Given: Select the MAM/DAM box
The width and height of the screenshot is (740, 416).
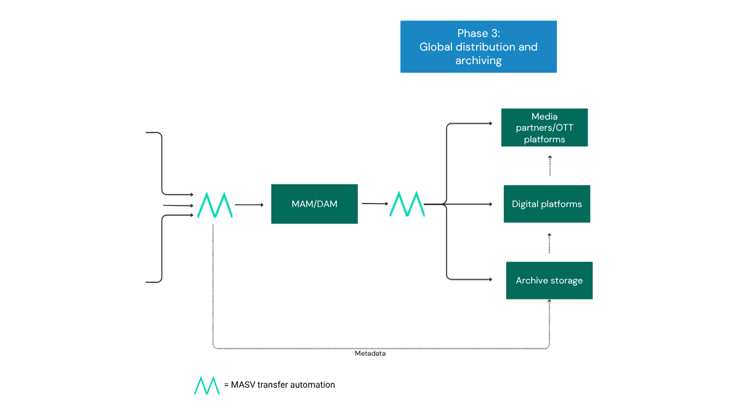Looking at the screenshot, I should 314,204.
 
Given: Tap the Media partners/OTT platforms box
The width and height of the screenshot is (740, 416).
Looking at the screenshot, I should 544,128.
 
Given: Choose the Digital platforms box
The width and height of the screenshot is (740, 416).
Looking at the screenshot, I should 546,204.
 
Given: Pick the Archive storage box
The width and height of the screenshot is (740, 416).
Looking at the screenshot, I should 549,280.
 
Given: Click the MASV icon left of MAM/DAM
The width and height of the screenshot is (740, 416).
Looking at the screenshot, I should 215,205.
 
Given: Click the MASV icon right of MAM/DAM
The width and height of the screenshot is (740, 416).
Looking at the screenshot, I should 407,204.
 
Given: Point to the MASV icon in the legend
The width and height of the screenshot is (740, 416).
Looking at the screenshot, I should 207,385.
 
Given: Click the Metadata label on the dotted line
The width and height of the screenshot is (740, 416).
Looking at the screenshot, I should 370,354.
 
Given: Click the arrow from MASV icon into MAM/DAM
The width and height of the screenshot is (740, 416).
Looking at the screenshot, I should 249,205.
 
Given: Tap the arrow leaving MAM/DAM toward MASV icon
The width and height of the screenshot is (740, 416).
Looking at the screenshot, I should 374,203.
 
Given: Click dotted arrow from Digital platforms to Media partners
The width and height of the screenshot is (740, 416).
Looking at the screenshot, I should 549,166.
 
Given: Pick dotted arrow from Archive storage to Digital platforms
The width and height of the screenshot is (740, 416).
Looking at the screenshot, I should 549,243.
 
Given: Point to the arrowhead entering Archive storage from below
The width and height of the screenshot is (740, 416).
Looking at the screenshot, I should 549,302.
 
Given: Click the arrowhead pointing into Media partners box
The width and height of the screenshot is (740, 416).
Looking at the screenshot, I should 490,123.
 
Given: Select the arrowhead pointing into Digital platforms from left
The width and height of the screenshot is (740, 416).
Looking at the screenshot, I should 490,203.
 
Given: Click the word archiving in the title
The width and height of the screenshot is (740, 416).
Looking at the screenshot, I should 478,61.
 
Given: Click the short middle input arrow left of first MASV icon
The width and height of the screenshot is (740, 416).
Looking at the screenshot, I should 179,205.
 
